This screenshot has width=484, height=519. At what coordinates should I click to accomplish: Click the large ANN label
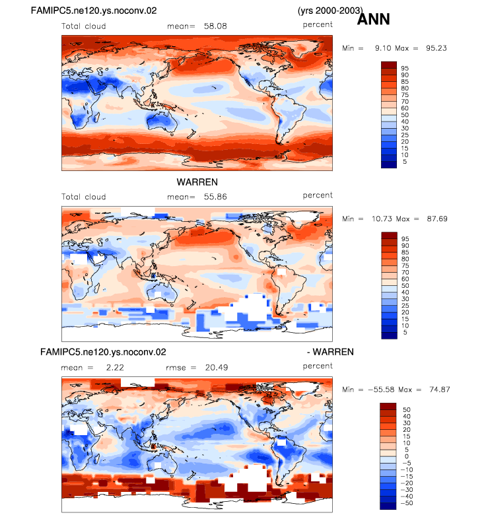point(373,19)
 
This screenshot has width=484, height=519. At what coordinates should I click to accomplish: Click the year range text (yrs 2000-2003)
point(330,11)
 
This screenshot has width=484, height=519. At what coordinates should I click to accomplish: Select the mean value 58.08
point(215,26)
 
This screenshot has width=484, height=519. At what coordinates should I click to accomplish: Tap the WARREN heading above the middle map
point(197,182)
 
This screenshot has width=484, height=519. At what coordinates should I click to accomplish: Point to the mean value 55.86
point(215,197)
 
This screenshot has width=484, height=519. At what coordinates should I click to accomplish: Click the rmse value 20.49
point(217,368)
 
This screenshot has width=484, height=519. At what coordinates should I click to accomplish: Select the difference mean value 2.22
point(115,368)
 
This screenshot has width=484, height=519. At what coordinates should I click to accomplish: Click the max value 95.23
point(436,48)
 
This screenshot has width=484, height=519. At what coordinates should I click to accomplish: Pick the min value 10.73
point(382,219)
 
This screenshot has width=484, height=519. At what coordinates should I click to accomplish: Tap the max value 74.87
point(440,390)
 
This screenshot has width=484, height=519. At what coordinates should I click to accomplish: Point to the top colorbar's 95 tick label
point(405,69)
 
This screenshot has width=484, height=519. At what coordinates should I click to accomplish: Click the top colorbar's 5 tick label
point(405,162)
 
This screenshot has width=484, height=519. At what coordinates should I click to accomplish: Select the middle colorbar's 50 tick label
point(405,286)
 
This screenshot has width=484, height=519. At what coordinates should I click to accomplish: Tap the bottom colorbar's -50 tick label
point(407,503)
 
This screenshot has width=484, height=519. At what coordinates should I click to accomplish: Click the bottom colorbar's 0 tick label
point(407,456)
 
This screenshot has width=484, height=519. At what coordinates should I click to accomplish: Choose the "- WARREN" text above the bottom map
point(330,352)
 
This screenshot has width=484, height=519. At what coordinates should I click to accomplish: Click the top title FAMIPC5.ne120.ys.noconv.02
point(94,11)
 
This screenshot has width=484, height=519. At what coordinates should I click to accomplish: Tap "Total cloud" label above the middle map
point(84,197)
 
